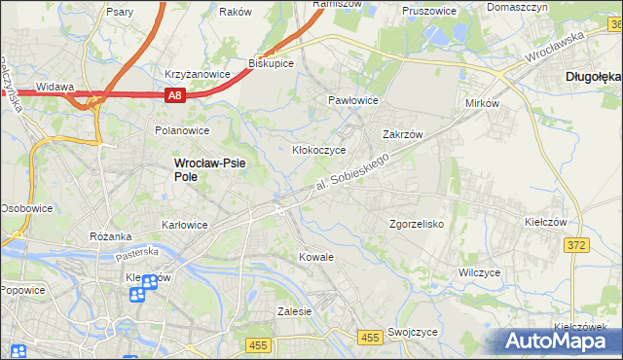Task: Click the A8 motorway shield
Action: point(174,95)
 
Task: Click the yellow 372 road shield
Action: point(576,245)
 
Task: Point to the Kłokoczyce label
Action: point(319,151)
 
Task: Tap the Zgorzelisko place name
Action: point(417,223)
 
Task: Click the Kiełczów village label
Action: point(545,222)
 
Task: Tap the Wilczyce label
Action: point(479,272)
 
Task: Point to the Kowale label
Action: point(316,257)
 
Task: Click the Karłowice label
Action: point(184,225)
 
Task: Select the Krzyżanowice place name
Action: point(197,74)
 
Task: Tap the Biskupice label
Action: point(271,63)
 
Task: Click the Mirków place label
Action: point(482,102)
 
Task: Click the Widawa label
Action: point(55,87)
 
